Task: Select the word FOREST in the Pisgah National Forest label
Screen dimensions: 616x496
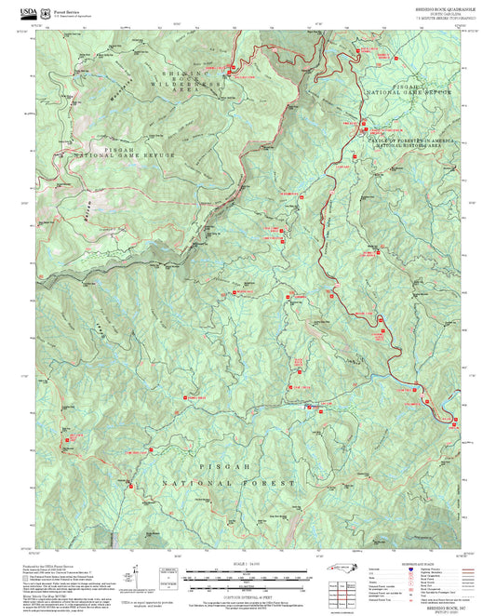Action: click(x=273, y=484)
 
